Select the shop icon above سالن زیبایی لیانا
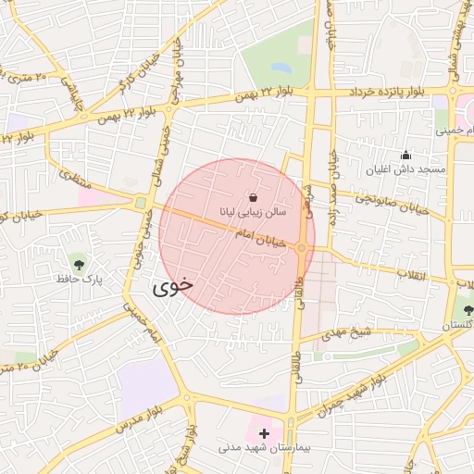click(x=254, y=196)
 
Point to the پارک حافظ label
click(x=78, y=278)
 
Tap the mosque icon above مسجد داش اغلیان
click(x=405, y=155)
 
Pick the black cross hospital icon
click(x=265, y=432)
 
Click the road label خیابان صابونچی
click(x=390, y=204)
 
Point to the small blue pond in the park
click(x=281, y=67)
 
